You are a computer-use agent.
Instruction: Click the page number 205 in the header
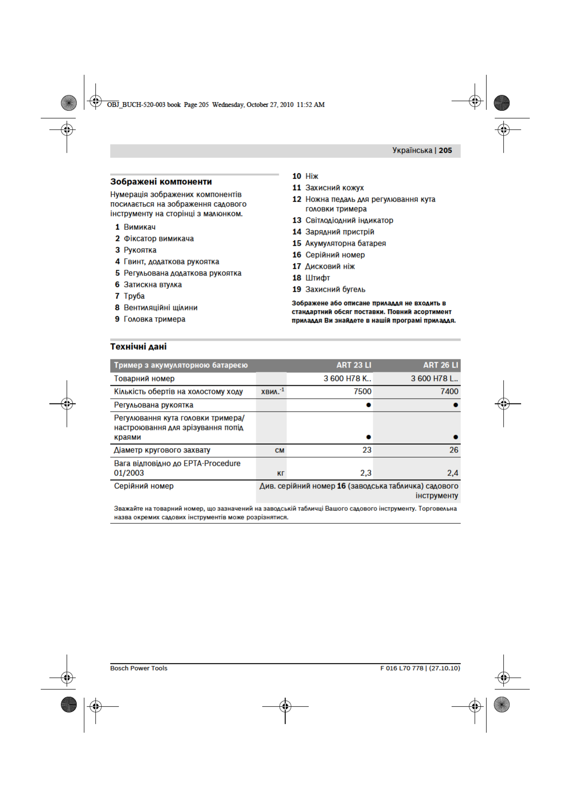[445, 150]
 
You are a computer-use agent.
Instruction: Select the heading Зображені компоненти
[161, 182]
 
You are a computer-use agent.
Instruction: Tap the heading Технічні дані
[138, 346]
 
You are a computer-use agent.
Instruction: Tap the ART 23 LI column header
[353, 365]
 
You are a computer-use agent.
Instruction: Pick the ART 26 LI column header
[440, 365]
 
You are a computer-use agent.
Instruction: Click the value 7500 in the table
[362, 392]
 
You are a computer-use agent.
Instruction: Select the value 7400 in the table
[449, 392]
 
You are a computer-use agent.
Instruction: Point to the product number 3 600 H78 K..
[347, 379]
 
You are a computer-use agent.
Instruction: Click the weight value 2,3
[365, 473]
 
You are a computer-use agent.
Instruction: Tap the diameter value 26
[453, 450]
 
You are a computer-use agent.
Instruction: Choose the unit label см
[279, 450]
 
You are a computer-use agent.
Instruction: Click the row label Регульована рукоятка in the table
[153, 405]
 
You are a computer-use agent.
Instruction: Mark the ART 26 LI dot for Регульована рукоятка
[455, 405]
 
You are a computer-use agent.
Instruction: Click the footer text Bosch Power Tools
[138, 668]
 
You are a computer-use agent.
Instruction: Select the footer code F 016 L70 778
[402, 668]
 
